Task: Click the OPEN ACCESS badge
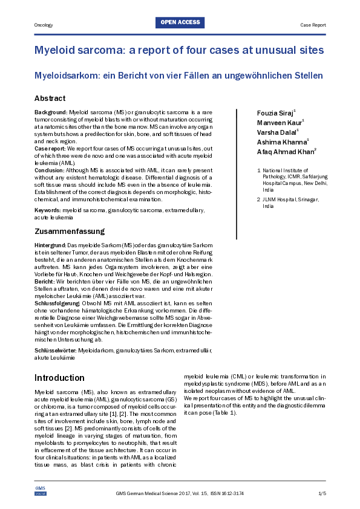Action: click(180, 22)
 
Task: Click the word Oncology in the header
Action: click(44, 25)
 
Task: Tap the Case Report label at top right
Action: click(313, 25)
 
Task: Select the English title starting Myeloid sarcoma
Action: click(179, 50)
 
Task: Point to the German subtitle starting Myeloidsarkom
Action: click(178, 76)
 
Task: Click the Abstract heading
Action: click(51, 98)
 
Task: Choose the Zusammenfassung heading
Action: click(70, 231)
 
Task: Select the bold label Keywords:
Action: click(47, 210)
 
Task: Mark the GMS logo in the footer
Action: click(41, 491)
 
